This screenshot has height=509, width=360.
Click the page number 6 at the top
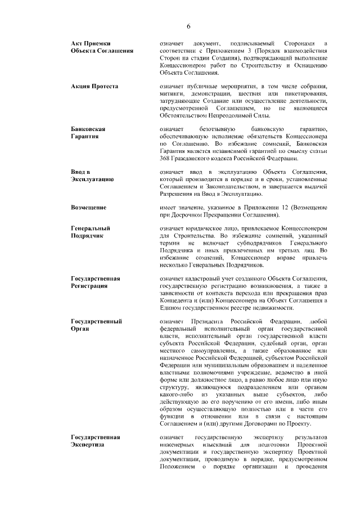(188, 26)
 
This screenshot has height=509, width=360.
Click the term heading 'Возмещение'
(89, 207)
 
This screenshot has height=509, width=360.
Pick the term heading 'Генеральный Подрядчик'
(91, 232)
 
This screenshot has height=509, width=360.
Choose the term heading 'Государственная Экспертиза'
(96, 440)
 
